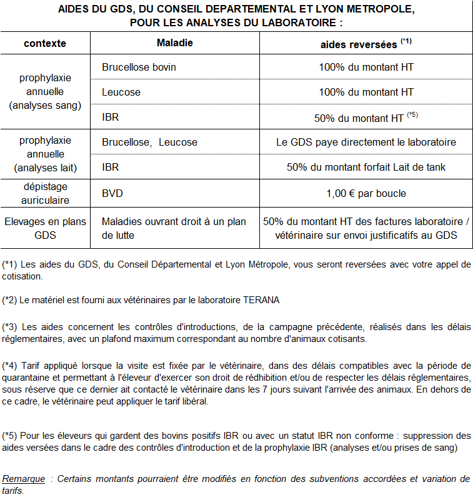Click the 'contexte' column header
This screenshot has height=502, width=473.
click(x=45, y=44)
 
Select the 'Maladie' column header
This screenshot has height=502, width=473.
click(x=174, y=43)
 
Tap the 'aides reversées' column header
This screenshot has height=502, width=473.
click(x=359, y=44)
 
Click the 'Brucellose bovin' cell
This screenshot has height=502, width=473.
click(x=139, y=67)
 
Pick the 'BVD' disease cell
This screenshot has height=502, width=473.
click(x=112, y=193)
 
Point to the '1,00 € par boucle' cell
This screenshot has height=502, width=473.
click(x=366, y=193)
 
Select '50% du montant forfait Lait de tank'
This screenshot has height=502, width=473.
click(x=366, y=167)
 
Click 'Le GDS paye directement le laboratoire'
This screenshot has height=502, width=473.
click(x=366, y=142)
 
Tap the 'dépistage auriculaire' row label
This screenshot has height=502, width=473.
click(x=45, y=193)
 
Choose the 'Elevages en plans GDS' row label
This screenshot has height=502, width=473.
click(x=45, y=228)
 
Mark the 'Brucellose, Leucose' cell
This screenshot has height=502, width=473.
click(x=149, y=142)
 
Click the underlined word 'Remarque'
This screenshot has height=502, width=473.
click(x=24, y=479)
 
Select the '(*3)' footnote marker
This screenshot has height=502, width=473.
click(x=10, y=326)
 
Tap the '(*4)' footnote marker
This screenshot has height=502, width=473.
click(x=10, y=365)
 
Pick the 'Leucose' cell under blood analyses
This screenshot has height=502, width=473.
click(x=121, y=92)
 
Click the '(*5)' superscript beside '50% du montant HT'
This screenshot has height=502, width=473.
click(x=412, y=114)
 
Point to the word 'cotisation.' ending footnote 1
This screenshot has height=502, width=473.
click(x=22, y=276)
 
